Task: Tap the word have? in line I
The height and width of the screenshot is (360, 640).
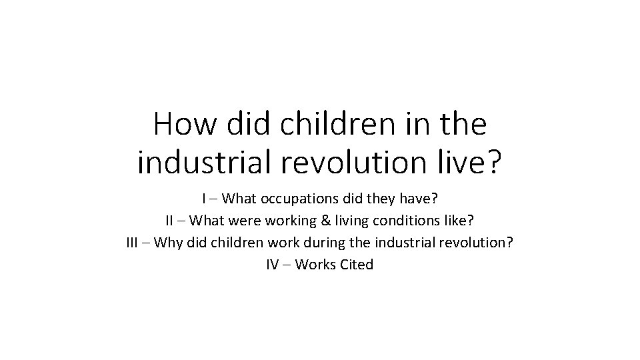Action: tap(420, 199)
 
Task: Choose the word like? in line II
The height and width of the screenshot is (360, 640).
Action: tap(459, 220)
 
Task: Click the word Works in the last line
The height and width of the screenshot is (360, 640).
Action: tap(315, 264)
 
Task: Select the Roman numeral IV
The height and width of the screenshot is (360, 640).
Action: tap(272, 264)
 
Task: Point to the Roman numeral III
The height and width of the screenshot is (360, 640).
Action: tap(133, 242)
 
